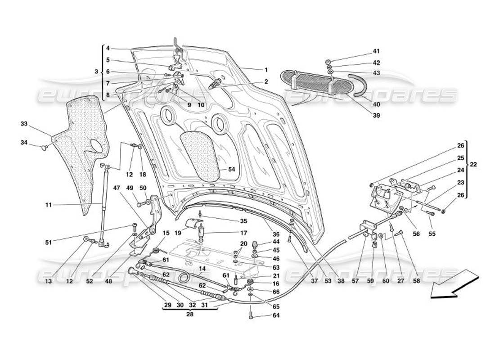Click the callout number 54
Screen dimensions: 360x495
231,170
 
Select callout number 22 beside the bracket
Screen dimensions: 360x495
473,165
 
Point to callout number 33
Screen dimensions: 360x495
23,123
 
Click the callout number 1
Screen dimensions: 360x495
266,70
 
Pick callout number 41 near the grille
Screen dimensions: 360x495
376,51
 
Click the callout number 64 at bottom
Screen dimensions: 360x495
276,315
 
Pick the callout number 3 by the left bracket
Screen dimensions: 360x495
96,72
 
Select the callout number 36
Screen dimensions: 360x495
276,234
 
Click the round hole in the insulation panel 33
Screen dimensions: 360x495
96,147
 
